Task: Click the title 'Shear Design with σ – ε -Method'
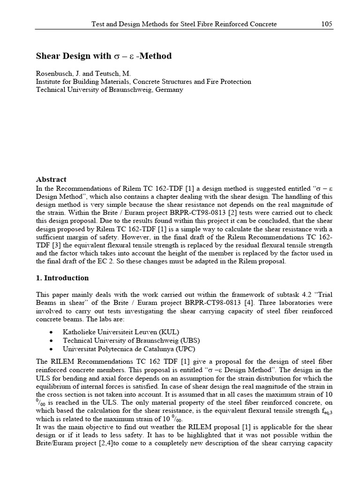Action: tap(104, 56)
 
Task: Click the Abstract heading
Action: tap(51, 180)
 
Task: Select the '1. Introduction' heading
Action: tap(62, 278)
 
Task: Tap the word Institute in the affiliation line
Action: tap(50, 82)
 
